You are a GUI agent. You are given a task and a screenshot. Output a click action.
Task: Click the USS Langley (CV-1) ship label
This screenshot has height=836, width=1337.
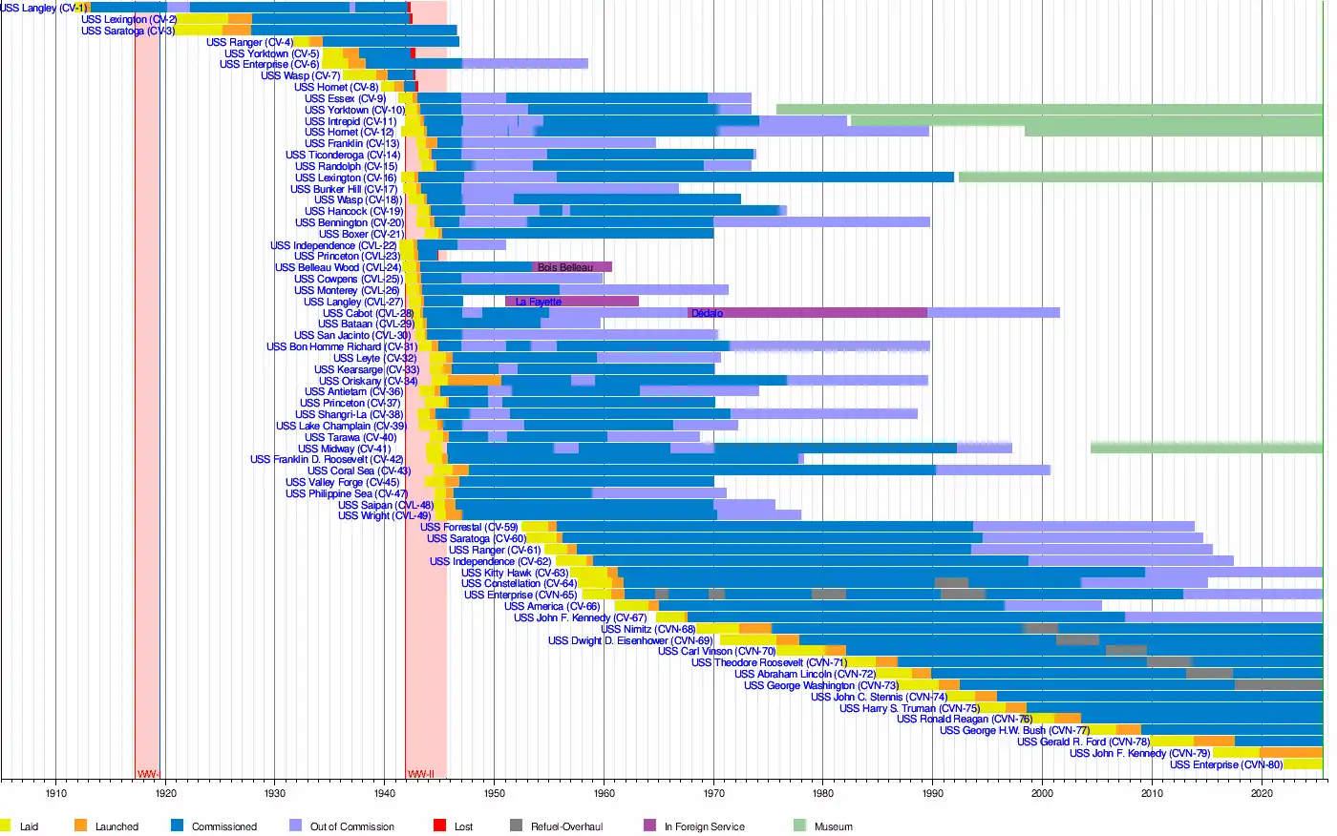[43, 9]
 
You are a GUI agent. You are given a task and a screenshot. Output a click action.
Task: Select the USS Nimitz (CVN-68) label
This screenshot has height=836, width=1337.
[647, 629]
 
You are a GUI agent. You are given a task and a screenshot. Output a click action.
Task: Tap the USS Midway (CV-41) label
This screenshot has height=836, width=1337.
[344, 449]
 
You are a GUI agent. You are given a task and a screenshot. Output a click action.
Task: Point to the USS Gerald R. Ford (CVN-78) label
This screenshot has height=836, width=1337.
[1083, 742]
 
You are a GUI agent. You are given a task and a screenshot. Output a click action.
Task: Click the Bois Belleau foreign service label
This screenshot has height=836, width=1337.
[564, 268]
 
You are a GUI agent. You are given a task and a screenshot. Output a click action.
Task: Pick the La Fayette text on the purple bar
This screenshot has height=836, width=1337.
[539, 302]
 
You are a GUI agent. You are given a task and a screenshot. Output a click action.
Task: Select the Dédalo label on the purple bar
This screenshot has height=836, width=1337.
[707, 313]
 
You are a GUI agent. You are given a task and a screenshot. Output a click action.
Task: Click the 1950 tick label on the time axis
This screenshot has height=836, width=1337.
[494, 793]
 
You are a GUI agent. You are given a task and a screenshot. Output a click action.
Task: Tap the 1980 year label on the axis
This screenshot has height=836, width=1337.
[822, 793]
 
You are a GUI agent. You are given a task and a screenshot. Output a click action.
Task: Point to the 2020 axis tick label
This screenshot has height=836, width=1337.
[1262, 793]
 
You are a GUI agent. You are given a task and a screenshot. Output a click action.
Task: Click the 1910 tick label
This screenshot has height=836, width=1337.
[55, 793]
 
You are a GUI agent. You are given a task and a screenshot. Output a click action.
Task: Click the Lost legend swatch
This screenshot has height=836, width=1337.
[439, 826]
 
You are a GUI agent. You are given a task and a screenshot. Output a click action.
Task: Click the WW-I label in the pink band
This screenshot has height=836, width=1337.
[148, 774]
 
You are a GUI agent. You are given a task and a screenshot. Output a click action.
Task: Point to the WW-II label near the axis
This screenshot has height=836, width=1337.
[421, 774]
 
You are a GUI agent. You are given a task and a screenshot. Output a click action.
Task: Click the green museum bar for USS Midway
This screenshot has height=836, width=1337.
[1205, 448]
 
